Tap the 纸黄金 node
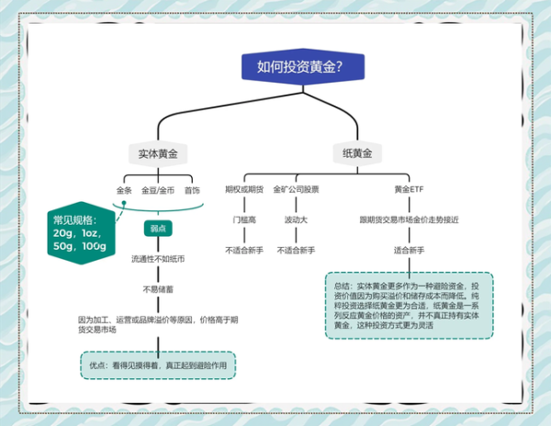click(356, 153)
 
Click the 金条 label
click(125, 190)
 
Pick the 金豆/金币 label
click(158, 190)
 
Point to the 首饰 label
click(191, 190)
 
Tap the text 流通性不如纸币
click(158, 260)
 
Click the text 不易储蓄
click(158, 289)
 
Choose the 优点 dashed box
click(157, 364)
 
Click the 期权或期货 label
click(244, 190)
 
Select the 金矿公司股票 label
click(296, 190)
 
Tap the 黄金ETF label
click(409, 190)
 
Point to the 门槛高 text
click(244, 220)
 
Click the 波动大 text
click(296, 220)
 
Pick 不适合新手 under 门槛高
click(244, 250)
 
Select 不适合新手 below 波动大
click(296, 250)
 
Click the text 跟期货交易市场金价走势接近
click(409, 220)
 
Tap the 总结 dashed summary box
click(409, 305)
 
